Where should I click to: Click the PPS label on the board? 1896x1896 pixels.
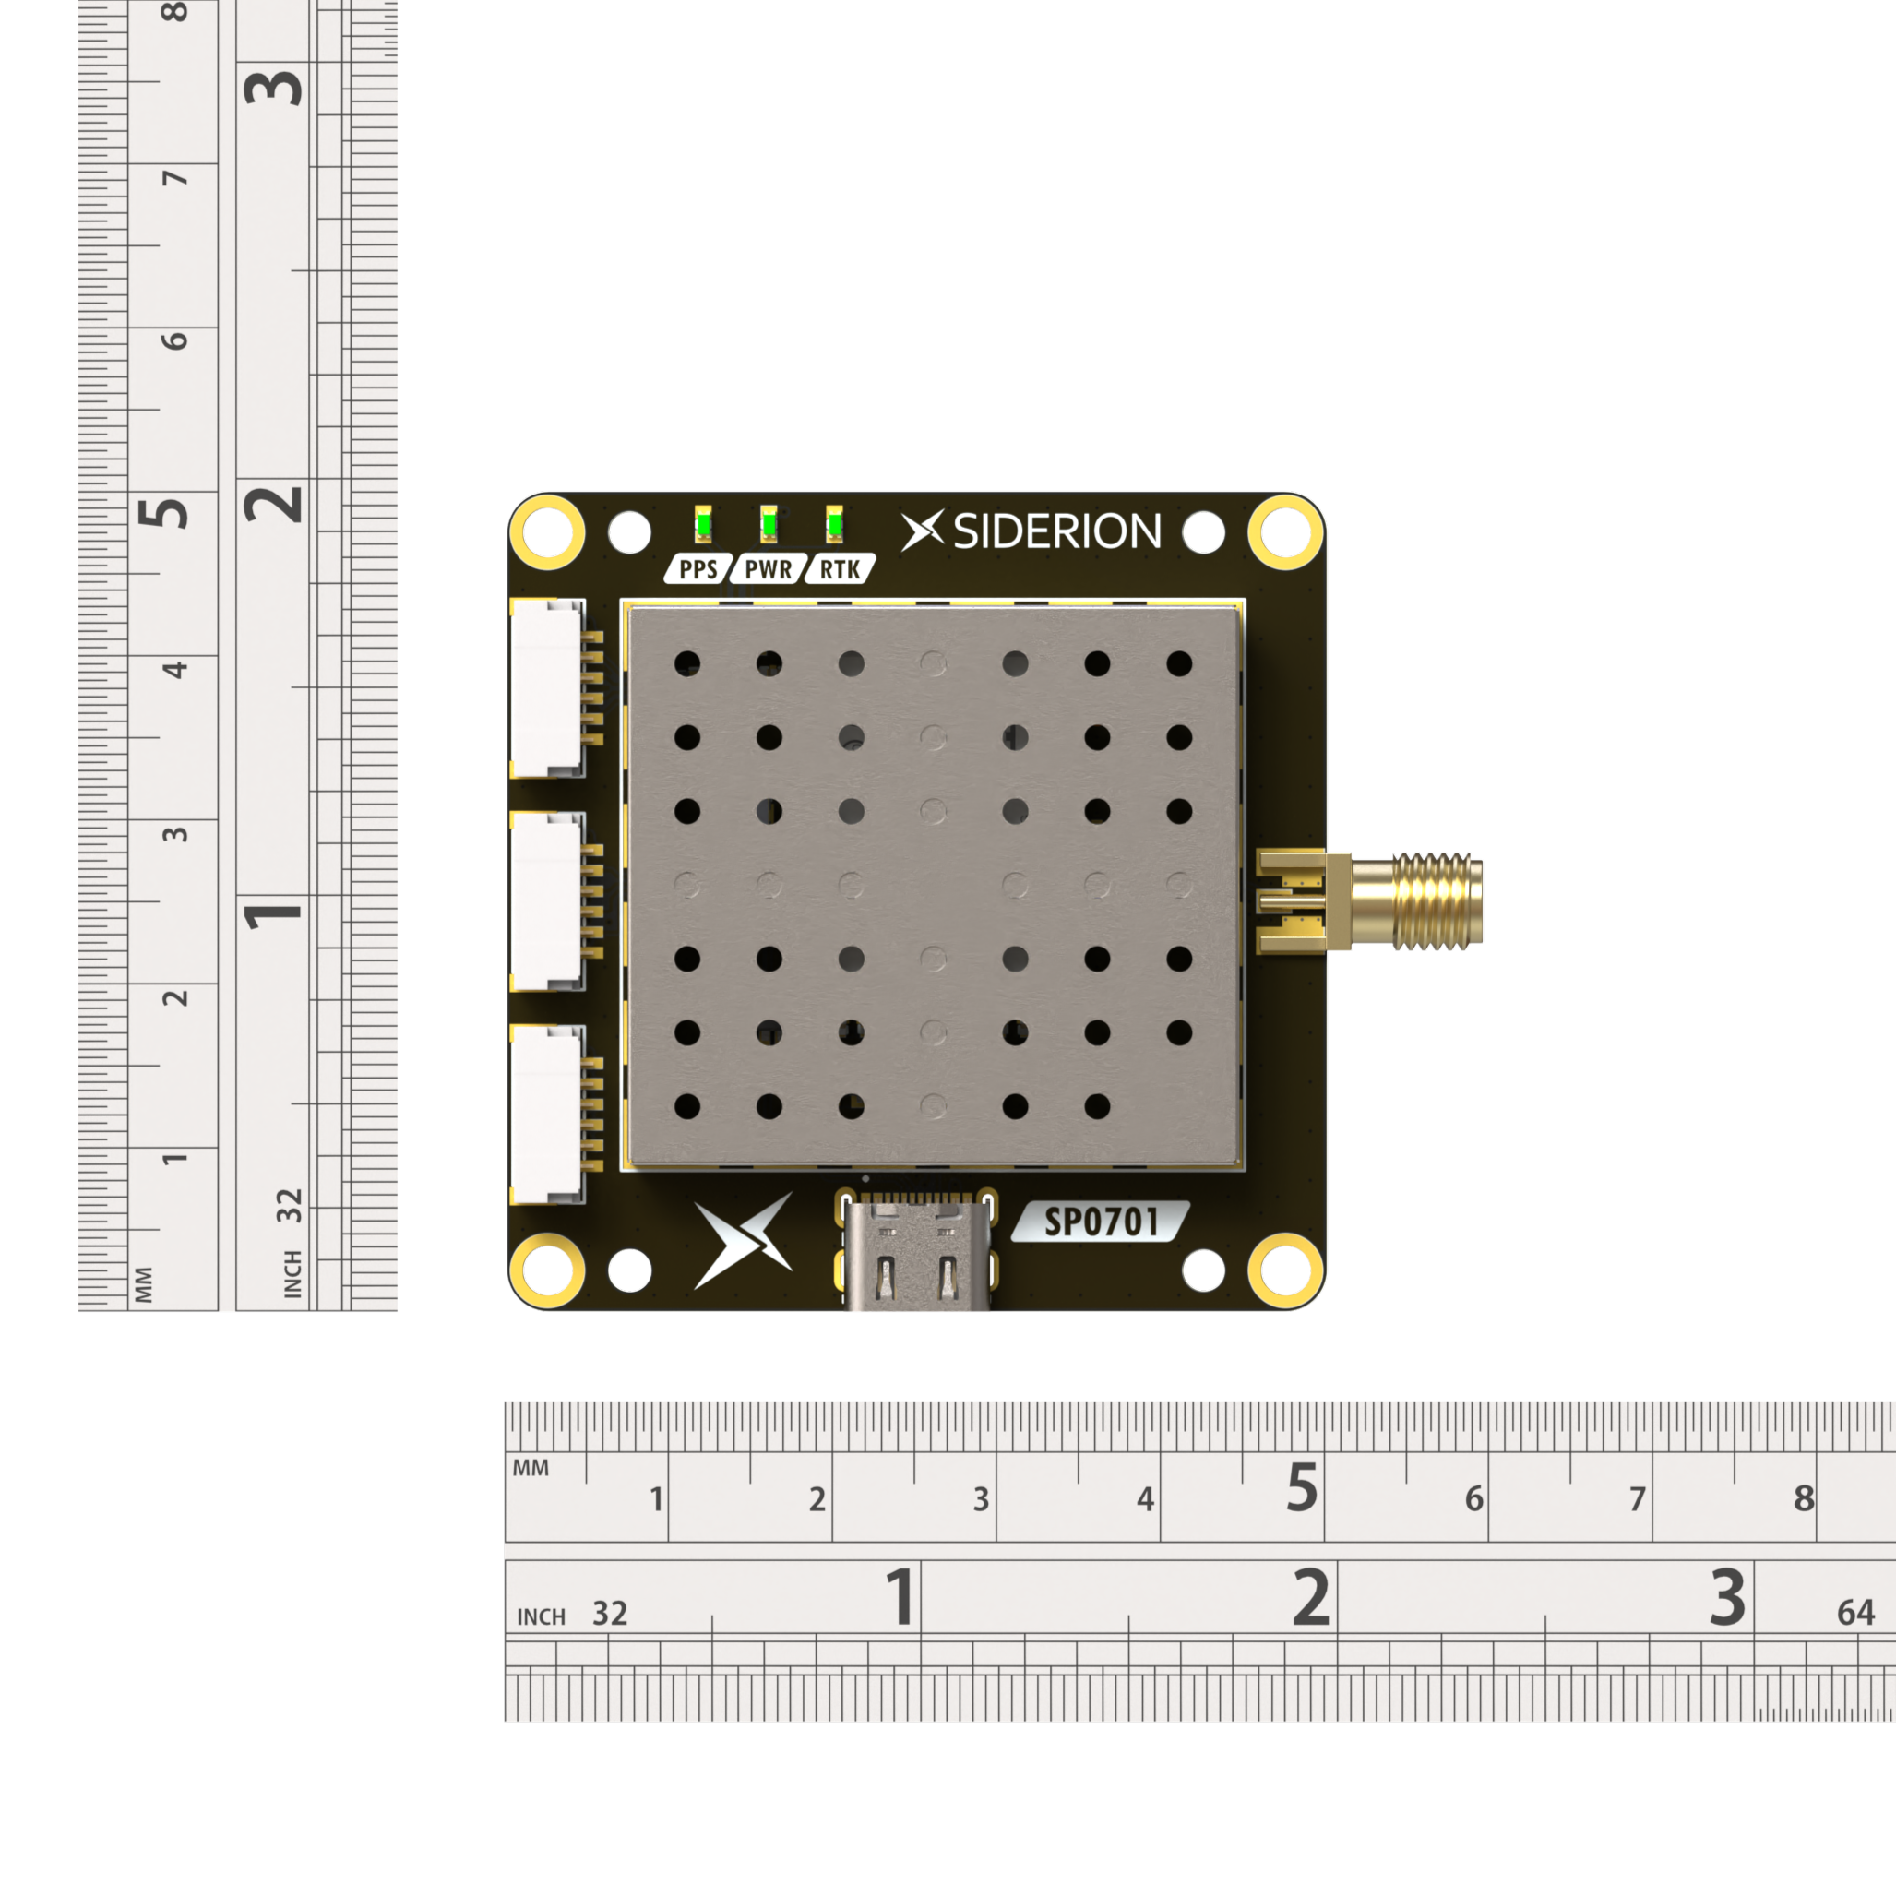point(698,569)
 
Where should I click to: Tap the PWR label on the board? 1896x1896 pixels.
point(769,569)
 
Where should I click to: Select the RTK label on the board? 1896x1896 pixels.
point(840,569)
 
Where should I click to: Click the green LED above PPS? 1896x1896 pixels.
point(703,525)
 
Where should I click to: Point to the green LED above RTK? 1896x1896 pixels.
point(834,525)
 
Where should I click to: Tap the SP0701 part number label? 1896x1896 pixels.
point(1101,1222)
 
